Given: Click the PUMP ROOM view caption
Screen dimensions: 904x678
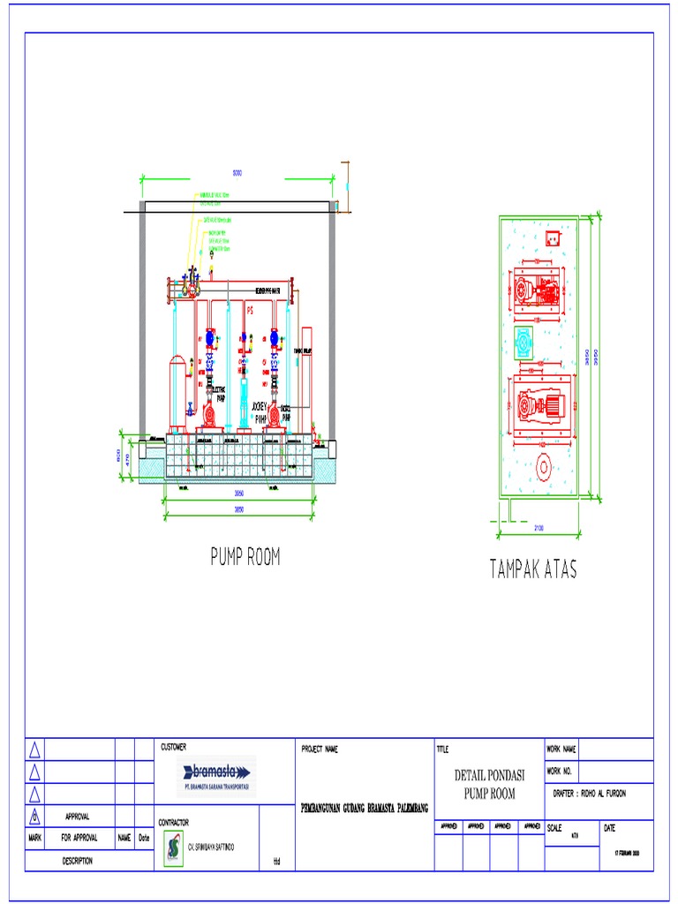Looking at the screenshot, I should pyautogui.click(x=245, y=557).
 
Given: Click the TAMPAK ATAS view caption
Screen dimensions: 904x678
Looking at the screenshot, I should pyautogui.click(x=532, y=569).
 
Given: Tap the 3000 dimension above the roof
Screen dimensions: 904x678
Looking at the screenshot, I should pyautogui.click(x=237, y=172).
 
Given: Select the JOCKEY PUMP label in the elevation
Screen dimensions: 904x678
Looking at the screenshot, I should pyautogui.click(x=260, y=412).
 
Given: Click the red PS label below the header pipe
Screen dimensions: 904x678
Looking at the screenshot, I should pyautogui.click(x=250, y=311).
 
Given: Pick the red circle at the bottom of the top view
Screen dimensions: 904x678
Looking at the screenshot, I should pyautogui.click(x=543, y=465).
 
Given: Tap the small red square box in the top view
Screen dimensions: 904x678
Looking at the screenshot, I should pyautogui.click(x=553, y=237).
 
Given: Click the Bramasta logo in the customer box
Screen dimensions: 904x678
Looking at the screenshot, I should pyautogui.click(x=216, y=774).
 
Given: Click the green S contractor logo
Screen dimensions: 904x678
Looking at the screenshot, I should pyautogui.click(x=173, y=847).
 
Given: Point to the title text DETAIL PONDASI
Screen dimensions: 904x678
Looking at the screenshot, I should pyautogui.click(x=489, y=776).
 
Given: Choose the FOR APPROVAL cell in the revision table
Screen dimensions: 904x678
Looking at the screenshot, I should pyautogui.click(x=79, y=837).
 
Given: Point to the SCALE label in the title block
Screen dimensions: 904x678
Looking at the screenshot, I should pyautogui.click(x=554, y=828).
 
